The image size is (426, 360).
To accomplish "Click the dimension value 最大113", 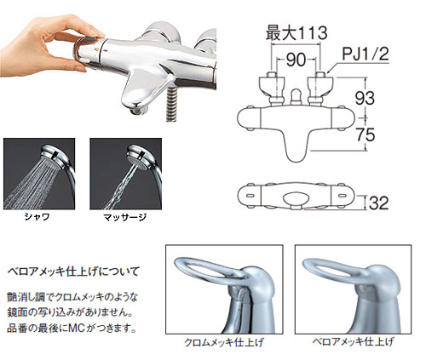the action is pos(296,32).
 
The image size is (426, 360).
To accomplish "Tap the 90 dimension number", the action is pos(296,60).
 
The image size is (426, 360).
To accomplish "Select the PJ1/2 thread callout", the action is pos(365,54).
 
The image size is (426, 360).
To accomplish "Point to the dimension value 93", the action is pos(365,98).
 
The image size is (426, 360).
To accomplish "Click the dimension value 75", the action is pos(366,134).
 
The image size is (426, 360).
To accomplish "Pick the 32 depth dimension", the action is pos(378,203).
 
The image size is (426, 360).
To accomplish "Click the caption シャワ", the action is pos(37,217).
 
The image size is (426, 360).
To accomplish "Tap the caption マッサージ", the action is pos(125,217).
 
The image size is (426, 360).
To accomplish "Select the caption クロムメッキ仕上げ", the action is pos(224,342).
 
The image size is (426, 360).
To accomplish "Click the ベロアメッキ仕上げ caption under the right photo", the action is pos(354,341).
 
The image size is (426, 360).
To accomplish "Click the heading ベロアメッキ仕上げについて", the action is pos(73,271).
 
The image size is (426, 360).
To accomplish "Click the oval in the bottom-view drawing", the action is pos(296,198).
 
